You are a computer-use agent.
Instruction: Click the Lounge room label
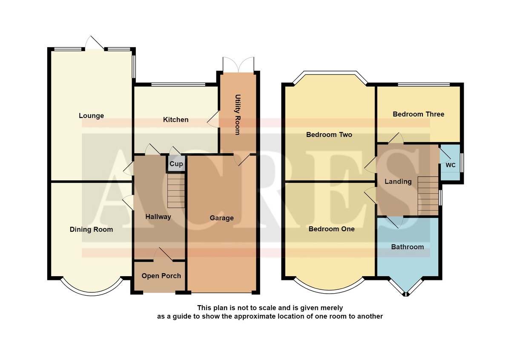click(91, 116)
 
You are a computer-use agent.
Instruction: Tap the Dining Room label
click(91, 229)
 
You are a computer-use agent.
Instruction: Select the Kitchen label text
click(175, 120)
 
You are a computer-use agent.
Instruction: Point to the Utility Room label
click(238, 114)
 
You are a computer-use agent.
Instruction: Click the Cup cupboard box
click(176, 164)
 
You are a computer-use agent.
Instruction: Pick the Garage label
click(222, 218)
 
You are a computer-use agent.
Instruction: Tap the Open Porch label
click(161, 276)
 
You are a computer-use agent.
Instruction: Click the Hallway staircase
click(176, 191)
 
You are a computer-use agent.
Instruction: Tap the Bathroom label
click(408, 247)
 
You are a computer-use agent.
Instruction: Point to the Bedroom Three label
click(418, 114)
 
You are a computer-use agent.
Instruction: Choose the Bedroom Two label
click(329, 135)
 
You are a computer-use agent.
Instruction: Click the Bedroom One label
click(331, 229)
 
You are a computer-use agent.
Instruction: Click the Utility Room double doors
click(238, 65)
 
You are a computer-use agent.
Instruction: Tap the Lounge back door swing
click(95, 43)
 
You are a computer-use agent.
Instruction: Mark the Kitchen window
click(178, 85)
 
